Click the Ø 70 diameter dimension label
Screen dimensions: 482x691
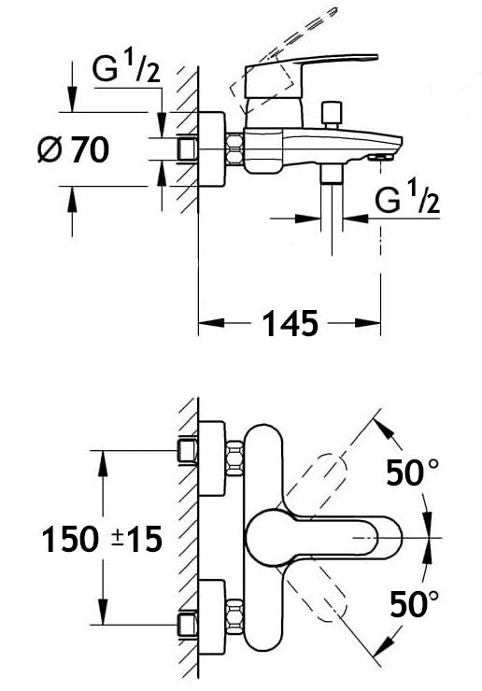tap(73, 149)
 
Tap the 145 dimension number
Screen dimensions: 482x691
tap(291, 323)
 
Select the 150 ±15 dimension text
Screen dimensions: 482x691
tap(103, 540)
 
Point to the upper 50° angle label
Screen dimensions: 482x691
tap(413, 472)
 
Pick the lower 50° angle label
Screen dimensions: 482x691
tap(415, 603)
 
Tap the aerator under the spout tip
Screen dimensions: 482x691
tap(379, 157)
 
